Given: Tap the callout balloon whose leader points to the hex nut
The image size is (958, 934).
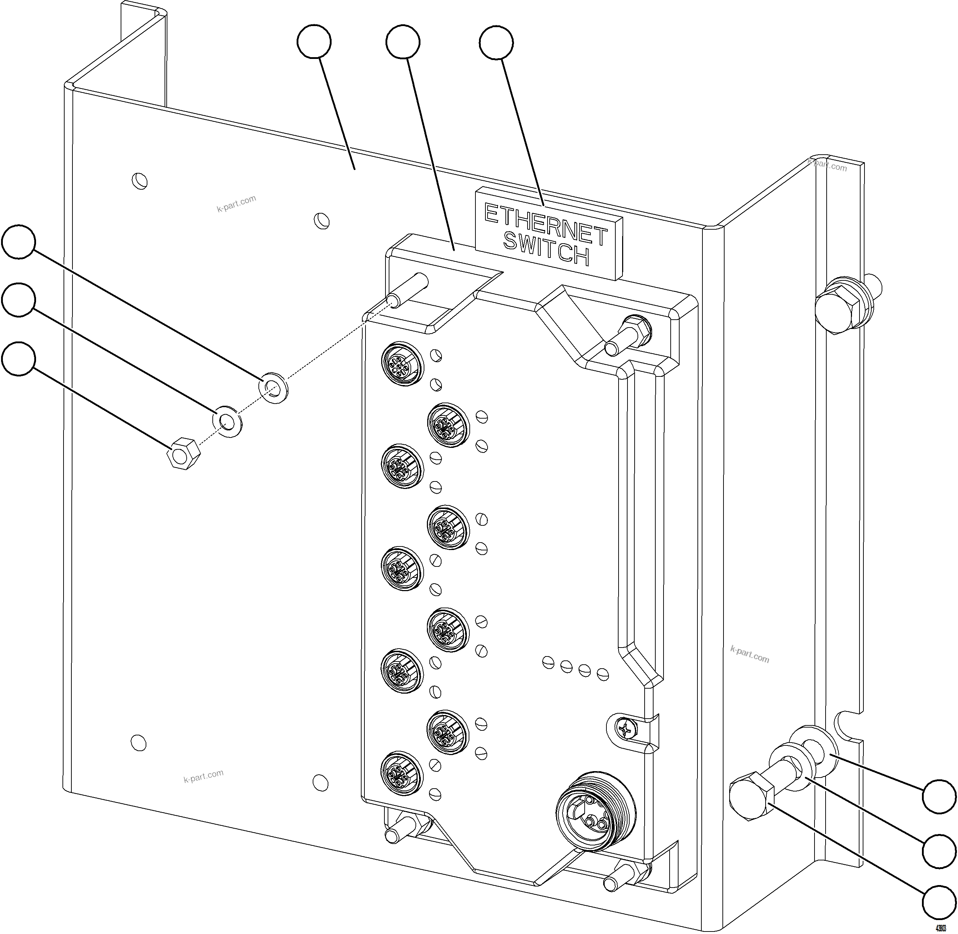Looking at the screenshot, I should [19, 359].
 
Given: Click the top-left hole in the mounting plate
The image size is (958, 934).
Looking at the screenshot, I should [140, 180].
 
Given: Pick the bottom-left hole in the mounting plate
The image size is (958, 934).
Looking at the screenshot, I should [139, 743].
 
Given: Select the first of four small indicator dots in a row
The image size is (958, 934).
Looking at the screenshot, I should [549, 663].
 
